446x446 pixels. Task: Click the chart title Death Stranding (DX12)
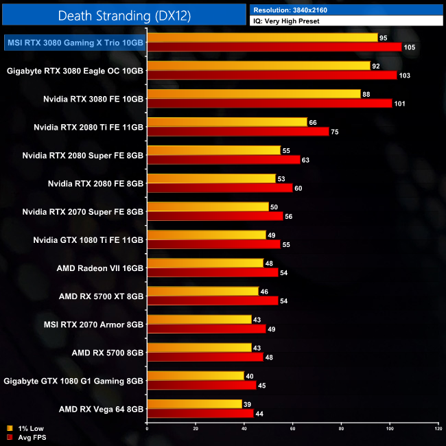pyautogui.click(x=124, y=14)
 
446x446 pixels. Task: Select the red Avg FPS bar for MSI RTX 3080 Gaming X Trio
pyautogui.click(x=274, y=47)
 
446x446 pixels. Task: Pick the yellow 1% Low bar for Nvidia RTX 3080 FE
pyautogui.click(x=253, y=94)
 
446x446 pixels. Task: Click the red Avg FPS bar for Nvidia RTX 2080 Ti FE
pyautogui.click(x=237, y=132)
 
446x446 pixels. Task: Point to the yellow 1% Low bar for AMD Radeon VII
pyautogui.click(x=205, y=263)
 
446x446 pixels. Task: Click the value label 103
pyautogui.click(x=404, y=75)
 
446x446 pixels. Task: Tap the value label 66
pyautogui.click(x=313, y=122)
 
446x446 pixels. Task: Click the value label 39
pyautogui.click(x=248, y=404)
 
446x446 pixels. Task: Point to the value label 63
pyautogui.click(x=306, y=160)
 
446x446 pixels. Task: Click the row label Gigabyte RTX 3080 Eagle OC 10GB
pyautogui.click(x=75, y=70)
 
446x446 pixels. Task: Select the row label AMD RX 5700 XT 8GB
pyautogui.click(x=101, y=296)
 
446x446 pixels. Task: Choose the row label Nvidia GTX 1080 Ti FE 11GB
pyautogui.click(x=89, y=239)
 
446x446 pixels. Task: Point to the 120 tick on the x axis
pyautogui.click(x=438, y=429)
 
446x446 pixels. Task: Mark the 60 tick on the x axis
pyautogui.click(x=292, y=429)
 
